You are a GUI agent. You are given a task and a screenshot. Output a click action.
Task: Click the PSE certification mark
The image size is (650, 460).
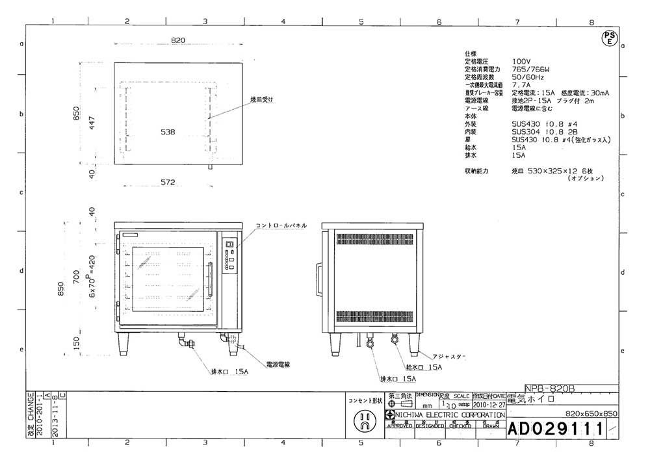pos(609,38)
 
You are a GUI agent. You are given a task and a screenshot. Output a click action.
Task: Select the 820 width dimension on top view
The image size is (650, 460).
pos(178,40)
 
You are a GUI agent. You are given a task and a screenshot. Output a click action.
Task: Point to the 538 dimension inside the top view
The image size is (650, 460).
pos(168,132)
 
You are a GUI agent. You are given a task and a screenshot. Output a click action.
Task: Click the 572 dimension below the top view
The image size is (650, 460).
pos(168,183)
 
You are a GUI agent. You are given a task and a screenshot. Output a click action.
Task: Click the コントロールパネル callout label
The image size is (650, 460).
pos(281,225)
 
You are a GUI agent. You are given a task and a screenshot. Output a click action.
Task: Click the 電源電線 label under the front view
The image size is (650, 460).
pos(278,364)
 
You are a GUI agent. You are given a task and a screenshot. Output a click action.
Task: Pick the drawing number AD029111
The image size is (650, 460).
pos(556,429)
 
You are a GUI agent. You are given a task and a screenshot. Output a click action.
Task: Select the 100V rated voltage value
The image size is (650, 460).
pos(521,60)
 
